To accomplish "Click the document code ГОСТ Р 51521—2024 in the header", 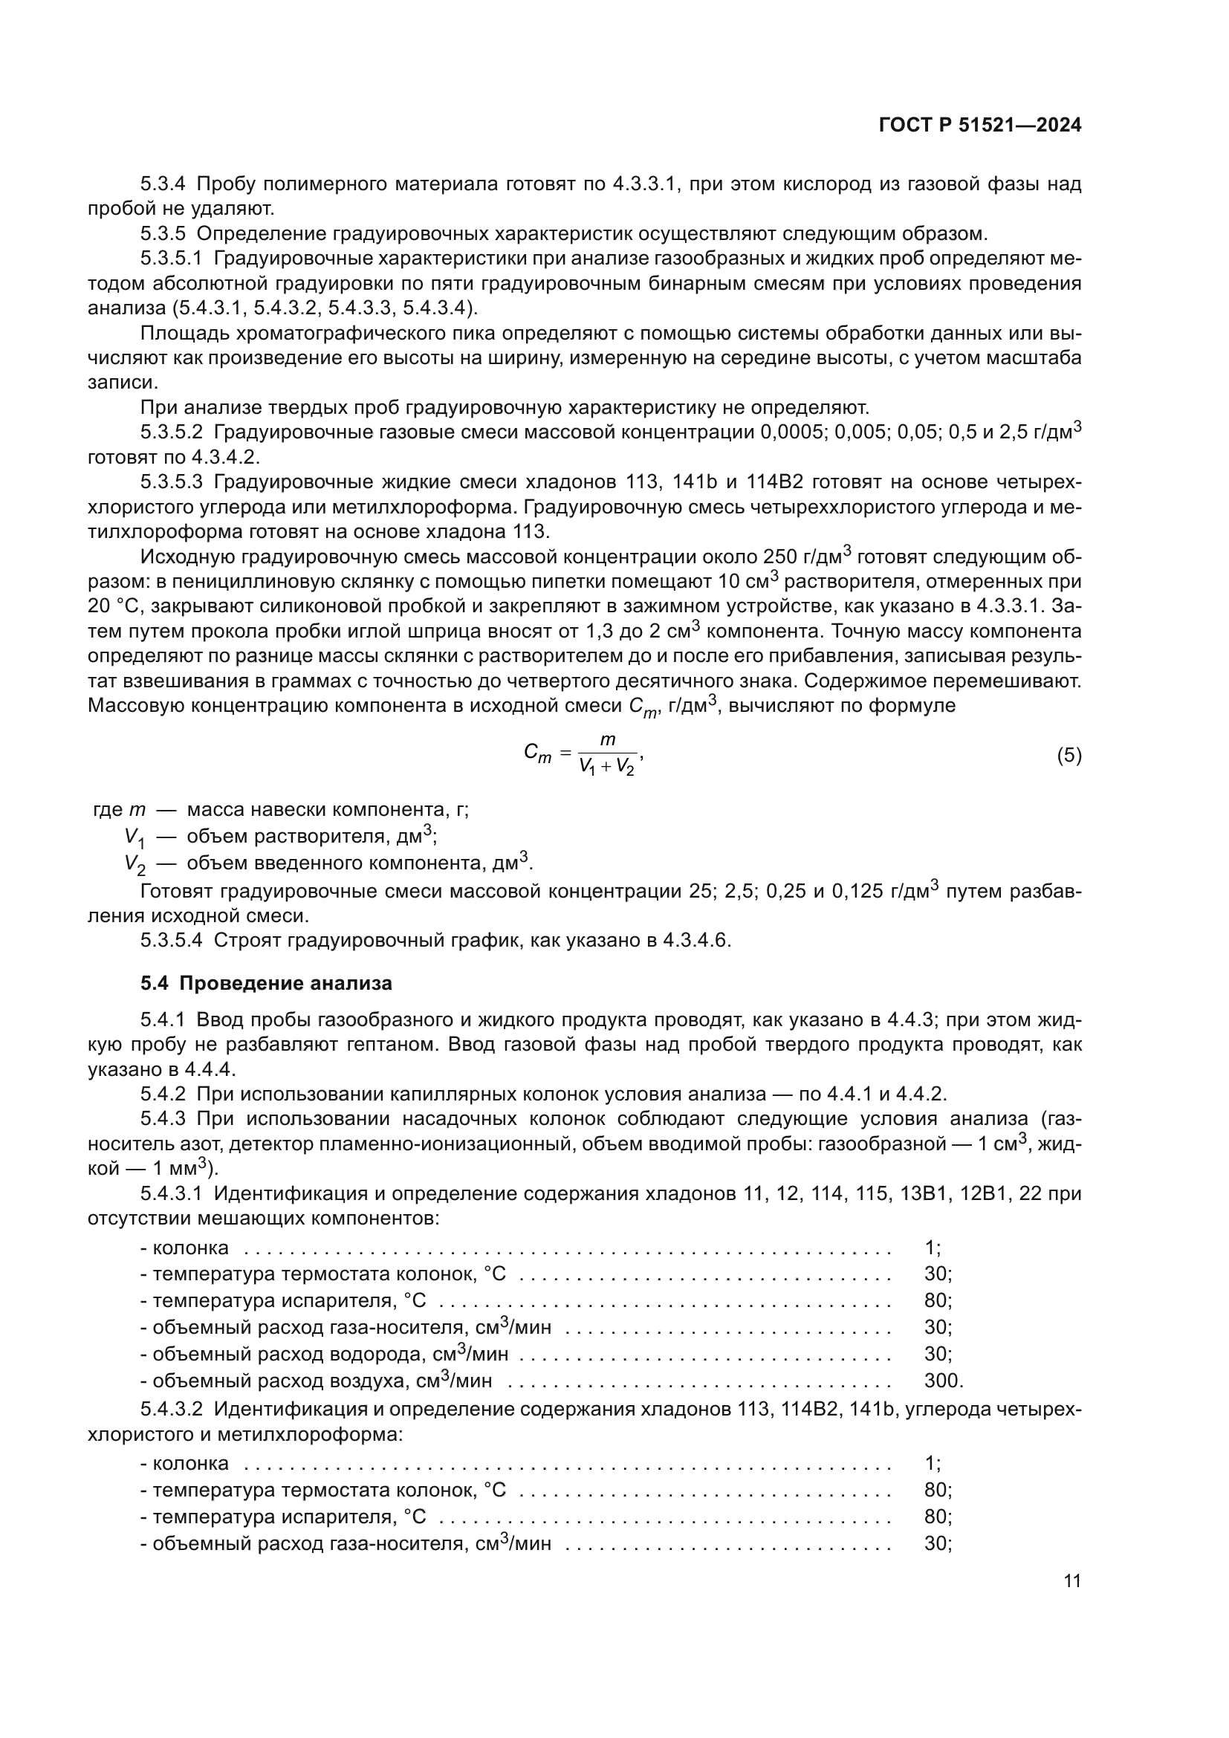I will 980,126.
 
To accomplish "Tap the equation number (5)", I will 1069,756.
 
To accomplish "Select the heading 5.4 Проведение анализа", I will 267,983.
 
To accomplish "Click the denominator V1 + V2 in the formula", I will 607,767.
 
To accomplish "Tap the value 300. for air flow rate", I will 943,1381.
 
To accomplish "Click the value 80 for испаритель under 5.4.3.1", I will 937,1300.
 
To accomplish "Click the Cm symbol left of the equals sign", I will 537,754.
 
